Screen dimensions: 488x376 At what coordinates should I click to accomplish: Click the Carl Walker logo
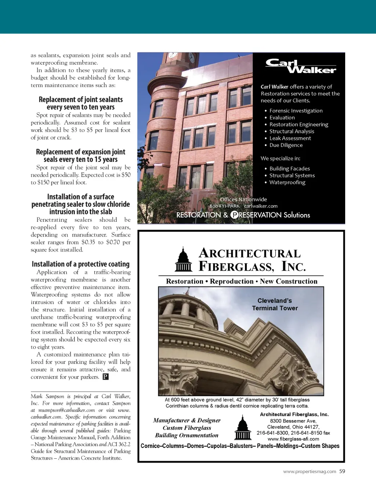pyautogui.click(x=300, y=66)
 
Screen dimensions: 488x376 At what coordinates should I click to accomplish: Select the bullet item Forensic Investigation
pyautogui.click(x=296, y=111)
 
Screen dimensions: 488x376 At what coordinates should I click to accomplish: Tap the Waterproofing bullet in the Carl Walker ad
pyautogui.click(x=287, y=182)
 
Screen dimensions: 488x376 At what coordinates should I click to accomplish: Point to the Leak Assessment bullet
pyautogui.click(x=290, y=138)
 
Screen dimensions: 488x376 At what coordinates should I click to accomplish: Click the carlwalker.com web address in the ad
pyautogui.click(x=261, y=206)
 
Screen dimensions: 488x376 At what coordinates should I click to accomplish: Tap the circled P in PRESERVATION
pyautogui.click(x=234, y=215)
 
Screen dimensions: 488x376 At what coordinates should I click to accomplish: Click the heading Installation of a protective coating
pyautogui.click(x=81, y=264)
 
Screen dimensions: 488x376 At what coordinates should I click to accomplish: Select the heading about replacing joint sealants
pyautogui.click(x=81, y=103)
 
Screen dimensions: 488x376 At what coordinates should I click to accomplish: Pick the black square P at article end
pyautogui.click(x=105, y=377)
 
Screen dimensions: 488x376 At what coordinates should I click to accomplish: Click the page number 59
pyautogui.click(x=342, y=471)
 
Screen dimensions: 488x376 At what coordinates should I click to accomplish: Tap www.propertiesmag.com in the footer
pyautogui.click(x=310, y=471)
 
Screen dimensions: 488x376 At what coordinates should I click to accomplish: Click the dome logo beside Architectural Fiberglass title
pyautogui.click(x=183, y=260)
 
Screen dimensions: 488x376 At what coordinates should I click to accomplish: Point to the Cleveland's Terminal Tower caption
pyautogui.click(x=275, y=304)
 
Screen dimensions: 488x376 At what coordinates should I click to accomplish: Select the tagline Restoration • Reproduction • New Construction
pyautogui.click(x=242, y=281)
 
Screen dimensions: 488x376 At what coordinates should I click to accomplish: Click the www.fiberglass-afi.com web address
pyautogui.click(x=293, y=439)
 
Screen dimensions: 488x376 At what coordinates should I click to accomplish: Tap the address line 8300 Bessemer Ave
pyautogui.click(x=293, y=421)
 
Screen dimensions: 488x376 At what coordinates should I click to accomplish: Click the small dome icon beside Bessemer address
pyautogui.click(x=242, y=427)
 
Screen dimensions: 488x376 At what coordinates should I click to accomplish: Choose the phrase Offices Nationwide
pyautogui.click(x=243, y=199)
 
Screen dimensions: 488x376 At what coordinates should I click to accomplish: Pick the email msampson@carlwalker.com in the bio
pyautogui.click(x=66, y=410)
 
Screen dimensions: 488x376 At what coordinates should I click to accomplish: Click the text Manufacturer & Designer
pyautogui.click(x=187, y=420)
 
